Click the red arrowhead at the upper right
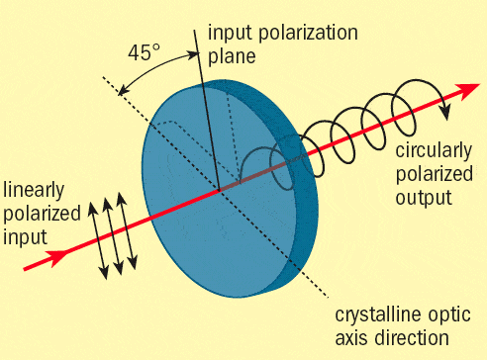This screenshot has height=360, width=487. coord(458,92)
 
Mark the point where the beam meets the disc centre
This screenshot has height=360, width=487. coord(220,189)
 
